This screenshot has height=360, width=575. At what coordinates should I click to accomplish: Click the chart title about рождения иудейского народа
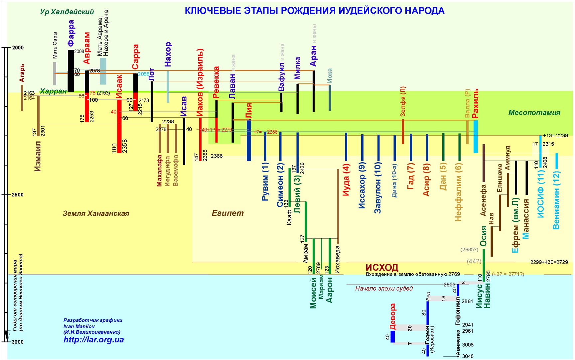314,11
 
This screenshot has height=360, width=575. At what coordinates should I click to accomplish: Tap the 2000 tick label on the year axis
18,48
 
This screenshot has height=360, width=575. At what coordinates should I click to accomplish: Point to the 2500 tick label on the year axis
18,194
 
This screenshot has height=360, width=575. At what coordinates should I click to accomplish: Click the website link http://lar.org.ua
93,340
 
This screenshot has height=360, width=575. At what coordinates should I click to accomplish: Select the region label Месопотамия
534,113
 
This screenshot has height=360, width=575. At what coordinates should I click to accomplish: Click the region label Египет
228,213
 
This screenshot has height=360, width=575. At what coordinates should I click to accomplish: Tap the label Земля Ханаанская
96,213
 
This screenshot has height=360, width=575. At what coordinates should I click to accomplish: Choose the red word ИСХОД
382,268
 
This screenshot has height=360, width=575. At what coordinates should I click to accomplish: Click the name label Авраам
87,48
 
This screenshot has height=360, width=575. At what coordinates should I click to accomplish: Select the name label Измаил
38,156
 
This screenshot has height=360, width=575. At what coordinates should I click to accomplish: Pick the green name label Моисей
313,293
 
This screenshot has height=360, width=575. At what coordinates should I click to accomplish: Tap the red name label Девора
393,316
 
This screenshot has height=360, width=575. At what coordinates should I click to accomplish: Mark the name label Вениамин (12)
556,200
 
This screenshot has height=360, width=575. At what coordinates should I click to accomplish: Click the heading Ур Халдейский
67,12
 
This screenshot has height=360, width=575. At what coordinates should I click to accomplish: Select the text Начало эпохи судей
384,289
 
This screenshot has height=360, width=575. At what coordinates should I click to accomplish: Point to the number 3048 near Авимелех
468,356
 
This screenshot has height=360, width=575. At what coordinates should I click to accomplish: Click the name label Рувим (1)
265,181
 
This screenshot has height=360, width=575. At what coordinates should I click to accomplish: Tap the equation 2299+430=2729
549,262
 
